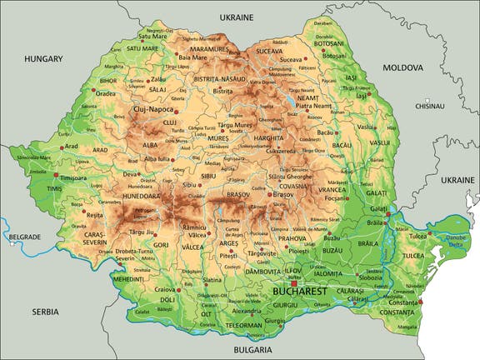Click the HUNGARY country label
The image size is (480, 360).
pos(43,59)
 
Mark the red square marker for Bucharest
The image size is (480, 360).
pos(293,283)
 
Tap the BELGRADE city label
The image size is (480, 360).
pos(23,237)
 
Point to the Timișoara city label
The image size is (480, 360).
pos(73,177)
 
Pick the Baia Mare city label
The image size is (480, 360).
pos(194,57)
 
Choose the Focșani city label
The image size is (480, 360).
pos(335,198)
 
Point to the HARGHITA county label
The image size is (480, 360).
pos(269,137)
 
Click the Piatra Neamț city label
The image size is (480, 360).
pos(313,107)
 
